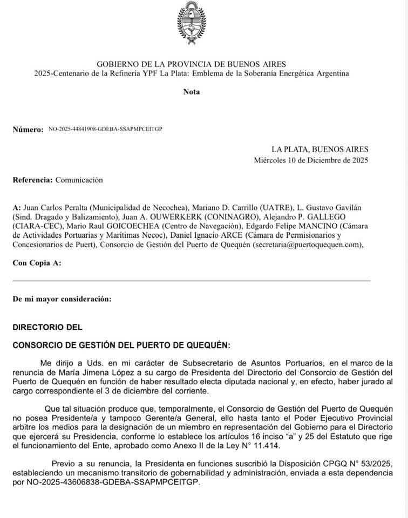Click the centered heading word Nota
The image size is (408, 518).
[x=192, y=92]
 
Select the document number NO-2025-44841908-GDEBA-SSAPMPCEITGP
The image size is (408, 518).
[x=105, y=129]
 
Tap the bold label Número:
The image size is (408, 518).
[x=28, y=130]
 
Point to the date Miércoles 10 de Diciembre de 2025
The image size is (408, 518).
[x=311, y=160]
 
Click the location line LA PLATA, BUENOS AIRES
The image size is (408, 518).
[x=320, y=149]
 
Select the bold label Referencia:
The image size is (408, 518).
[x=32, y=180]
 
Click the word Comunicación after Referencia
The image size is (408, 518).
[x=79, y=180]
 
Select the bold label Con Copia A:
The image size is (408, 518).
[x=37, y=263]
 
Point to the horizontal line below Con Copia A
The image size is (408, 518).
[x=192, y=281]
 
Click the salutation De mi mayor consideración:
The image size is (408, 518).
[x=62, y=298]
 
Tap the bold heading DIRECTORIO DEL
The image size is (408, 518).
[x=47, y=327]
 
